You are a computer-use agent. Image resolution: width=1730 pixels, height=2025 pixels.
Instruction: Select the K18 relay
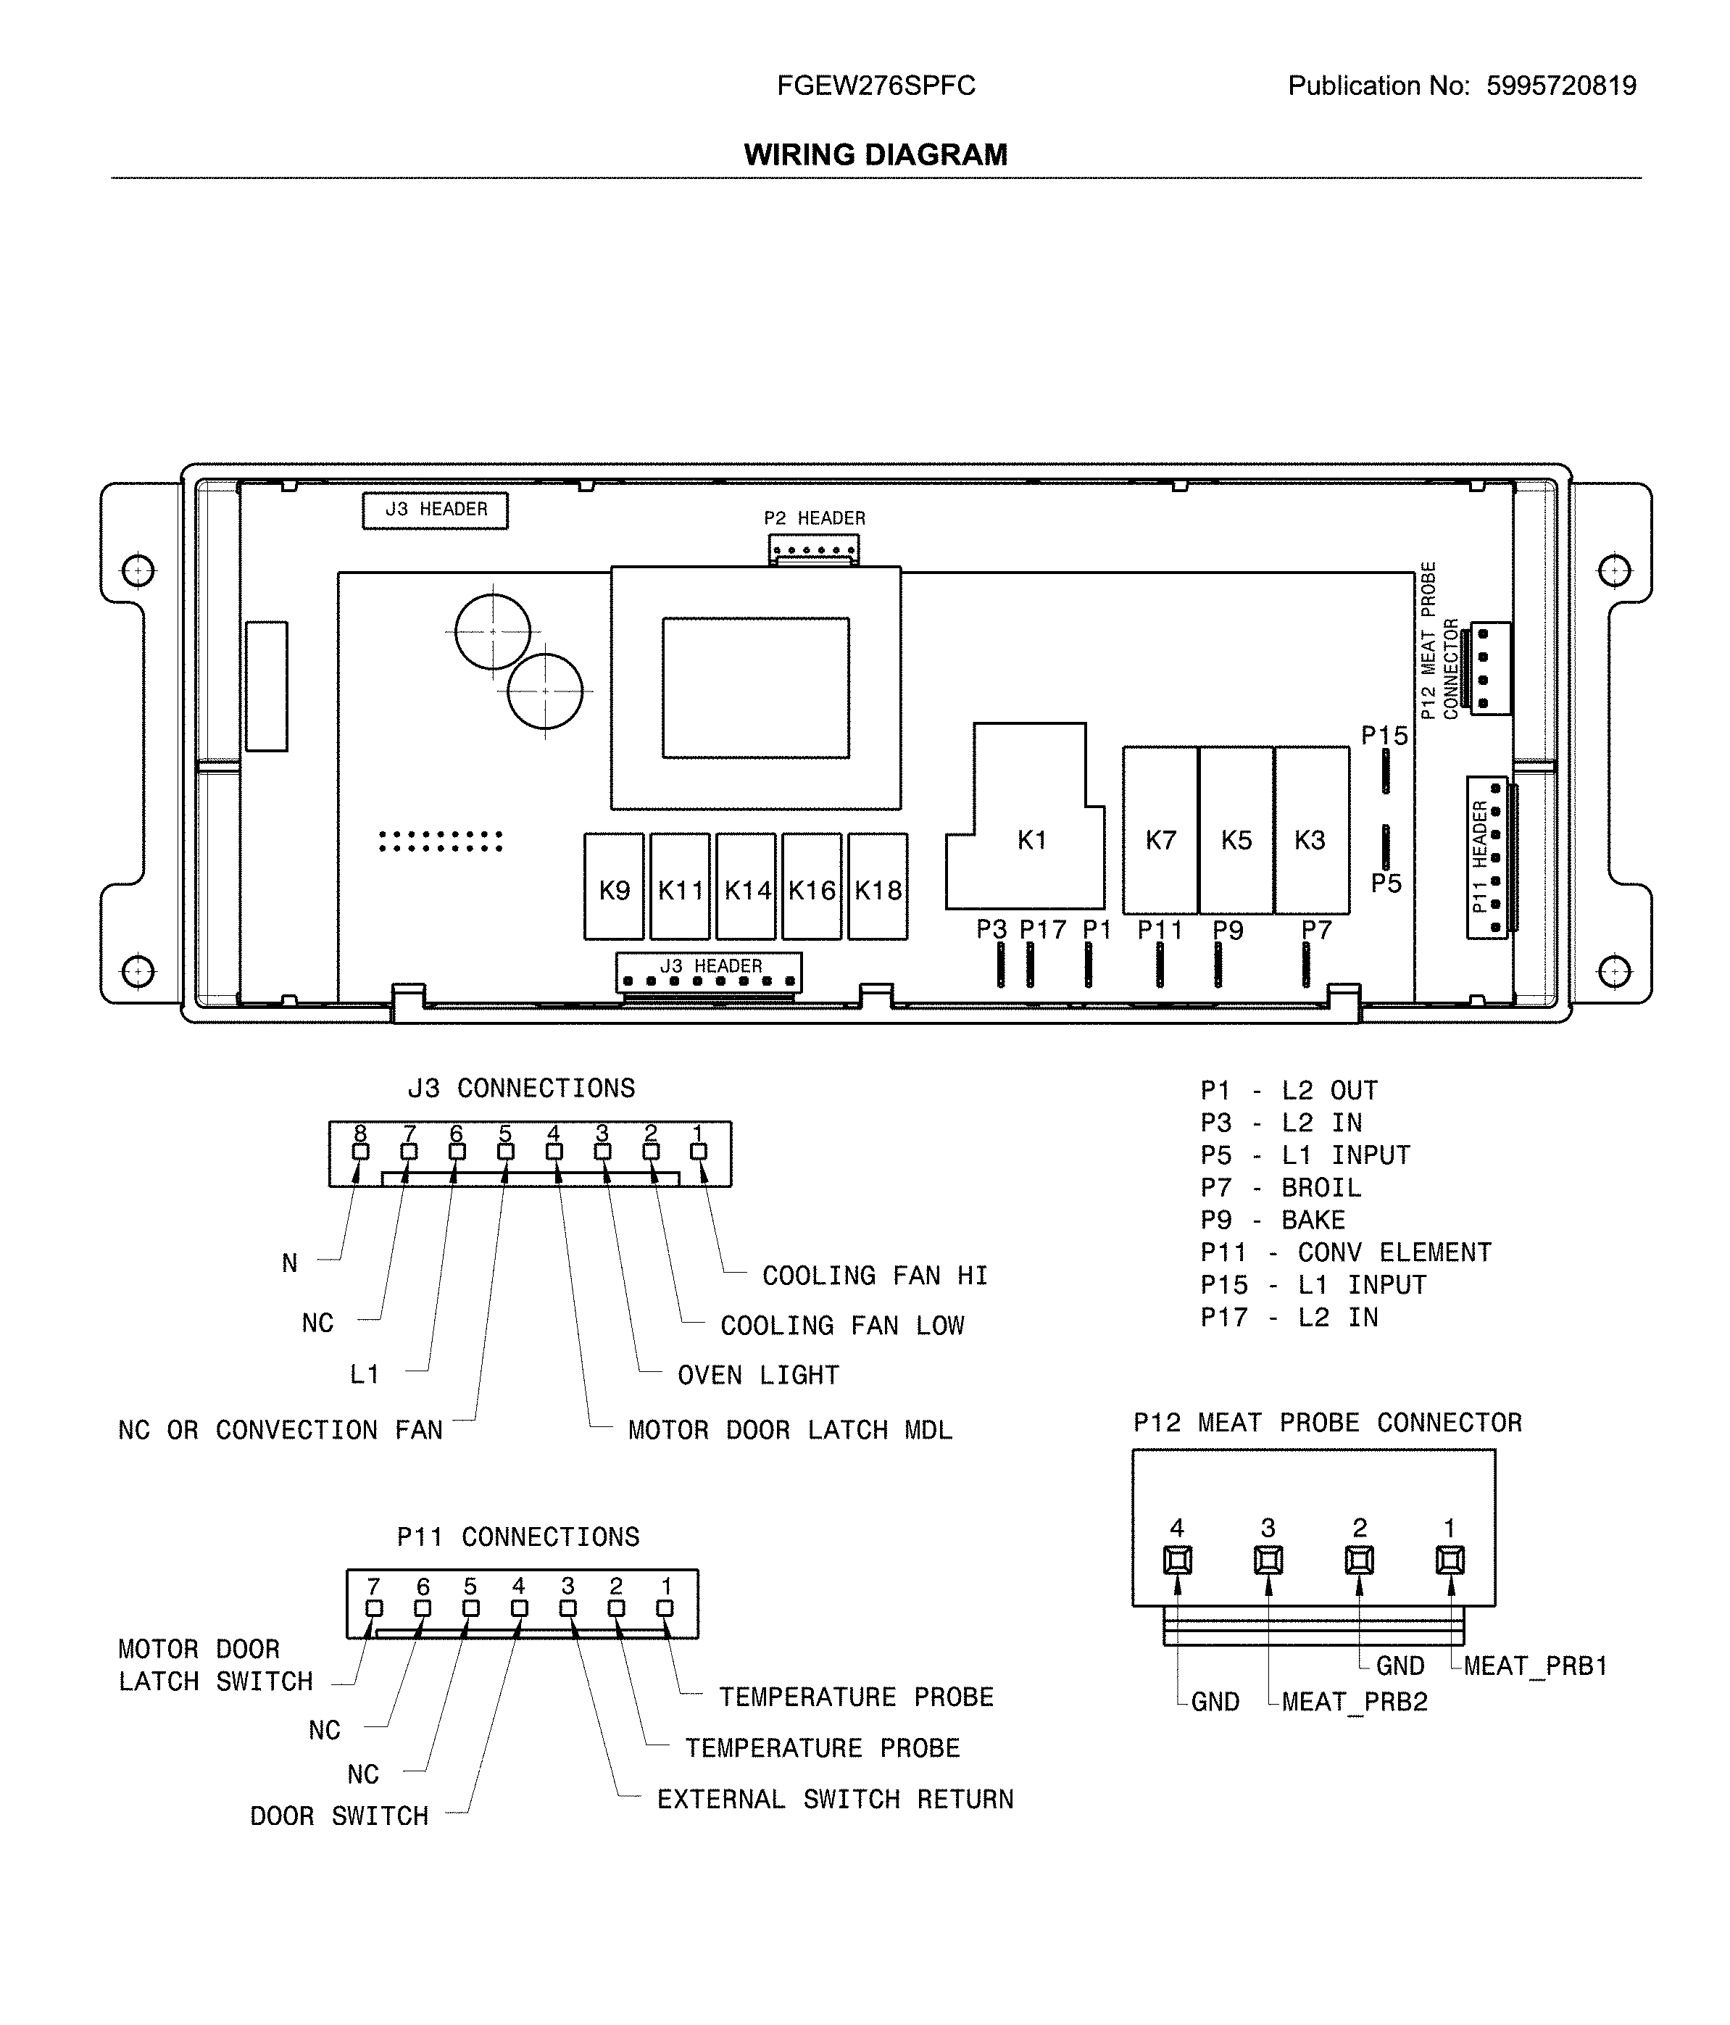(x=877, y=889)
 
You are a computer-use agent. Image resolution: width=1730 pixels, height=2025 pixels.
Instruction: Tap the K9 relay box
(x=614, y=889)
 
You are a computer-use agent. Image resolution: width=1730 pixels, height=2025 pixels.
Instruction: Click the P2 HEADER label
(x=813, y=518)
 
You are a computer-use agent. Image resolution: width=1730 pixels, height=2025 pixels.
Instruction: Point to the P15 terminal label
(x=1384, y=736)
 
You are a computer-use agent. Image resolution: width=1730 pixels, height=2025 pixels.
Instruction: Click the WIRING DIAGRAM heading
(x=875, y=154)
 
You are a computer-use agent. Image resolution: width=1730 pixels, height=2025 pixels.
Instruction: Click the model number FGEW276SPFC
(x=875, y=86)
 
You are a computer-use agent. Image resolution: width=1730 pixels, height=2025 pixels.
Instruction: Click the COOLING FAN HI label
(x=874, y=1276)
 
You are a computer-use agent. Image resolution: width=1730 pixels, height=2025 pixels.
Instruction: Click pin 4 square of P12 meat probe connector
(x=1177, y=1560)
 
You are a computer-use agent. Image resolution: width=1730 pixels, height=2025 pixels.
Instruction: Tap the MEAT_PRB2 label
(x=1354, y=1702)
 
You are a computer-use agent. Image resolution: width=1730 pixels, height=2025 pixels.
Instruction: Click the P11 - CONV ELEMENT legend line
(x=1345, y=1252)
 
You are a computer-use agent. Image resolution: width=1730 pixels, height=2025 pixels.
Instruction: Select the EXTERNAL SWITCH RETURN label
(x=835, y=1800)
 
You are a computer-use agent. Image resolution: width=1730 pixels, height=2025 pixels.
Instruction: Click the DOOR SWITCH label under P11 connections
(x=338, y=1816)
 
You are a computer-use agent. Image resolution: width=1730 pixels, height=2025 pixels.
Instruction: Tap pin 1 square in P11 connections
(x=665, y=1608)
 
